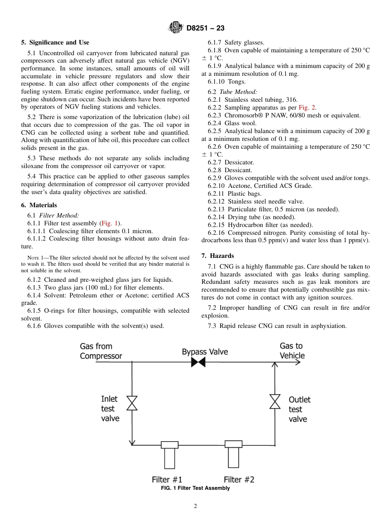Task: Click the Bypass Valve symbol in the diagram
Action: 198,363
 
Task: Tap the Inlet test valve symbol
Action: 132,403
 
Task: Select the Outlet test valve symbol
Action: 275,401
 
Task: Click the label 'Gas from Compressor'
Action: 101,351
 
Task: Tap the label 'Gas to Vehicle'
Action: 292,351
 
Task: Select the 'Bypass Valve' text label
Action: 205,352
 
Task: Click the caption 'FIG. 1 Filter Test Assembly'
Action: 195,488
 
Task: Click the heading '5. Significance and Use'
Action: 55,42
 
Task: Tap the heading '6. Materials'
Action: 39,205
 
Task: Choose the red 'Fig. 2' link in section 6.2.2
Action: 307,108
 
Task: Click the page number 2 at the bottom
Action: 195,506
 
